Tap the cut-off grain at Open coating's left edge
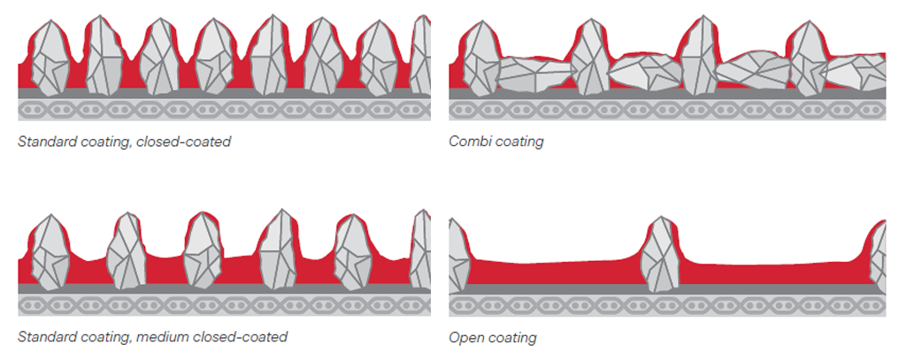459,256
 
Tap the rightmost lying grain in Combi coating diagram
856,73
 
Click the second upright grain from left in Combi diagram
590,56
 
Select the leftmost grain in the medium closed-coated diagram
50,252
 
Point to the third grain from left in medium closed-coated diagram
203,250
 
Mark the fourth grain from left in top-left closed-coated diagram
215,57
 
